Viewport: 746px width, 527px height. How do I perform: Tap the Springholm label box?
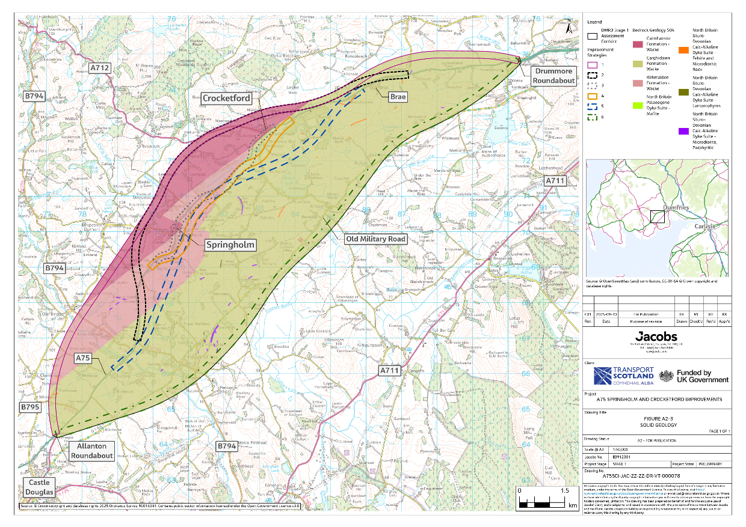(x=230, y=245)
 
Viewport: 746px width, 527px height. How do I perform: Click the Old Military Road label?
(x=374, y=239)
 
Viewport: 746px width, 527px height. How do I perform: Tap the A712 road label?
(x=100, y=68)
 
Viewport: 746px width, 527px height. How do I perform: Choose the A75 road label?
(x=83, y=358)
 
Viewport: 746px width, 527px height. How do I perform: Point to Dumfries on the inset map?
(x=678, y=207)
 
